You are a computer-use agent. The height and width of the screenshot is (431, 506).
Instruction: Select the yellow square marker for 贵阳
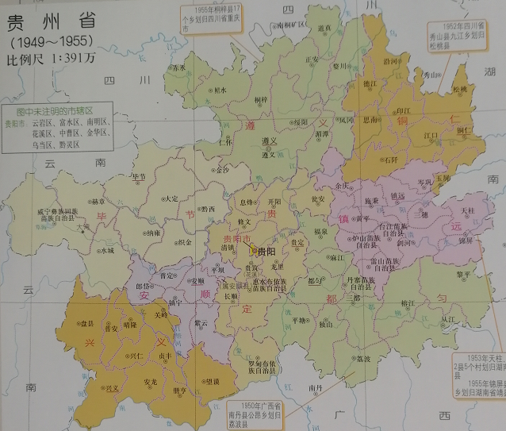click(x=253, y=248)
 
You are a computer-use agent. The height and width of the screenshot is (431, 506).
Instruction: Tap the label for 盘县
click(x=86, y=324)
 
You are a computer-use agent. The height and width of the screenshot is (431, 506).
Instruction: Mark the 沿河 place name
click(x=391, y=60)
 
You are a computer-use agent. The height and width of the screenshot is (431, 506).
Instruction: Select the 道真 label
click(x=324, y=28)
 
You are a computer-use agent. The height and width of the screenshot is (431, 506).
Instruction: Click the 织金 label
click(x=185, y=241)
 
